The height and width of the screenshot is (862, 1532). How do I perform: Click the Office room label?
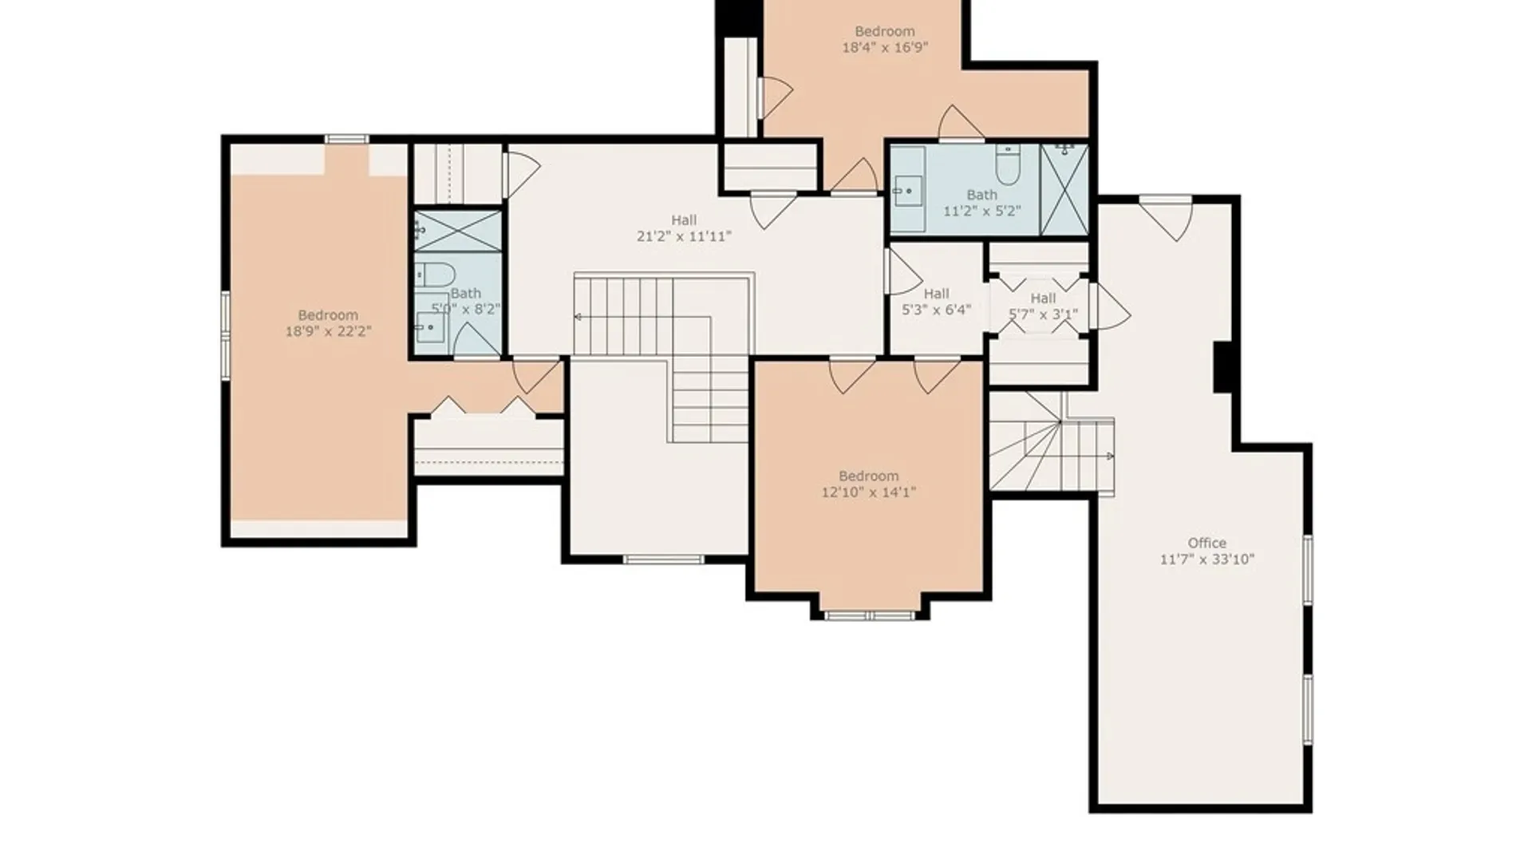tap(1206, 543)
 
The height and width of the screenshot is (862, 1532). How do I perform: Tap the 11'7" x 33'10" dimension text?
tap(1206, 560)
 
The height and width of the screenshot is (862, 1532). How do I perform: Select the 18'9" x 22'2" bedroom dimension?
tap(328, 331)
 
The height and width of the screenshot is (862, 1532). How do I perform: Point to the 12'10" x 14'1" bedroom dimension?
tap(868, 492)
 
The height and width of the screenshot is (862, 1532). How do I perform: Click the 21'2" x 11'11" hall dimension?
tap(684, 236)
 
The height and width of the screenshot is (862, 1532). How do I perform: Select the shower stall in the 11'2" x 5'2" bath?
tap(1064, 190)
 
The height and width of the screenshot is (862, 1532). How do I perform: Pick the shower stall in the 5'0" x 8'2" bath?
tap(458, 231)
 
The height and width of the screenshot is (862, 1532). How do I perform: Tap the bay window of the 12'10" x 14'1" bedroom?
tap(869, 615)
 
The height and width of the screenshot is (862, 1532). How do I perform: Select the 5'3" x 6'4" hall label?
tap(936, 294)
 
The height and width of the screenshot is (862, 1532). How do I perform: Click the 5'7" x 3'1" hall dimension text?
tap(1043, 314)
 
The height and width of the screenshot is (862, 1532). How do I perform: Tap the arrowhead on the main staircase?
tap(577, 318)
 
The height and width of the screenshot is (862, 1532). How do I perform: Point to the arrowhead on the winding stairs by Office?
tap(1110, 457)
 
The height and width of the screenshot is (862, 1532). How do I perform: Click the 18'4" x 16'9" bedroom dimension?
tap(884, 48)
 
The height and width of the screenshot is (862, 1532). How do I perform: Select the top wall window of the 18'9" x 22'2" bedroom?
tap(346, 139)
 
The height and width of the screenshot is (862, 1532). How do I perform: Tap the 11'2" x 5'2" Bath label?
tap(982, 195)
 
